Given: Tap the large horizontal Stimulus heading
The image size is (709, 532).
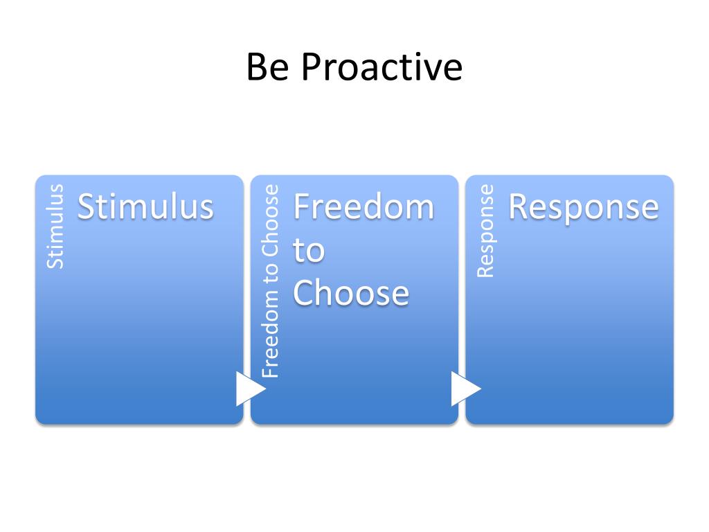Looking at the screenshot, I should [x=145, y=206].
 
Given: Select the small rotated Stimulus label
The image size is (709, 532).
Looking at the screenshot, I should [x=55, y=227].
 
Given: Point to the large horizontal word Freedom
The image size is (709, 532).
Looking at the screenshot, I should [x=364, y=206].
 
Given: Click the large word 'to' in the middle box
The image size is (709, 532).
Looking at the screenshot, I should [x=309, y=250].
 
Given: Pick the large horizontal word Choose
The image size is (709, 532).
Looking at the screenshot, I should [x=351, y=293].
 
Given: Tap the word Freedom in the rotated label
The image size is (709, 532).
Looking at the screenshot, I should [x=270, y=342].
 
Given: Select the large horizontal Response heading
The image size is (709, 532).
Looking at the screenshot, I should [x=583, y=206].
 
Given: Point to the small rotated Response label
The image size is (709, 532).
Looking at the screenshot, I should [x=486, y=231].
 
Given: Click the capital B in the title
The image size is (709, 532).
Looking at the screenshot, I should [x=256, y=68].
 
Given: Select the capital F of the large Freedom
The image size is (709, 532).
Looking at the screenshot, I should [x=302, y=206].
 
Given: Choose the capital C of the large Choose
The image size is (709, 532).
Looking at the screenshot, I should [x=305, y=293].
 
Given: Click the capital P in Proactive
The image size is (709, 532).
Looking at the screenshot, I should [x=311, y=68].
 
